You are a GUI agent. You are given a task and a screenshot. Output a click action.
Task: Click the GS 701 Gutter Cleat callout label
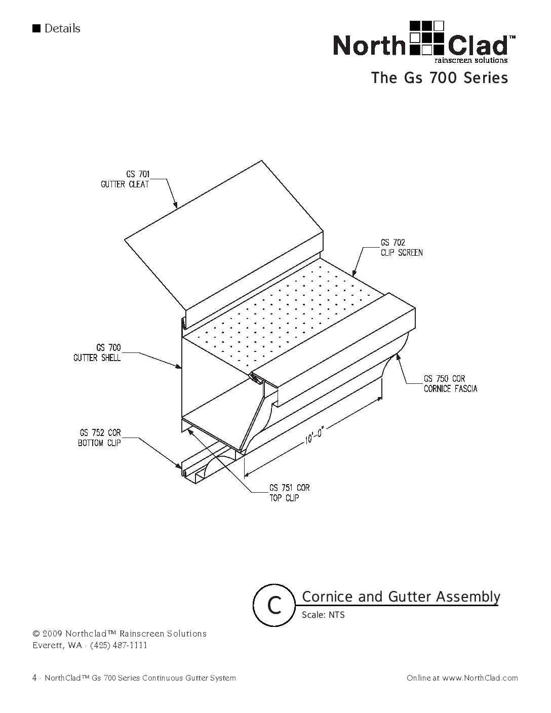(x=125, y=179)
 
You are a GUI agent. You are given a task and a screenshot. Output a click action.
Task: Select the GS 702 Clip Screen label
(x=402, y=248)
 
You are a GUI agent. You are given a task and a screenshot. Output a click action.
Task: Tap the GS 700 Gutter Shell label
(x=97, y=352)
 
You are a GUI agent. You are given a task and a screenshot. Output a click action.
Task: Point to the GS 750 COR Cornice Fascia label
(x=450, y=384)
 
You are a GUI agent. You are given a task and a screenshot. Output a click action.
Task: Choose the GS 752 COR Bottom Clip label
(x=100, y=438)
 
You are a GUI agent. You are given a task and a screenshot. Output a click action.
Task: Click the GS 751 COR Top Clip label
(x=290, y=493)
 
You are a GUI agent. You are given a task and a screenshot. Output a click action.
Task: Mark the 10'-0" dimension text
(x=314, y=435)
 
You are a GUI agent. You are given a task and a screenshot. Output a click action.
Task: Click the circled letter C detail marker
(x=274, y=605)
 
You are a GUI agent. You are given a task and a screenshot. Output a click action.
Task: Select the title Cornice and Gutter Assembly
(x=401, y=597)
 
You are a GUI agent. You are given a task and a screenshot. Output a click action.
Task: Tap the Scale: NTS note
(x=323, y=615)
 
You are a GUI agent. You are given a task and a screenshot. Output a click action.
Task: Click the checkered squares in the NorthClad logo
(x=427, y=37)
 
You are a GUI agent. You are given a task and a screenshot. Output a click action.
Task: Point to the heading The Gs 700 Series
(x=440, y=78)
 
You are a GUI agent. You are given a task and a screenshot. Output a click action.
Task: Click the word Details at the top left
(x=62, y=28)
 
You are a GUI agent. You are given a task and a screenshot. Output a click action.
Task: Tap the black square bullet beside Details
(x=36, y=28)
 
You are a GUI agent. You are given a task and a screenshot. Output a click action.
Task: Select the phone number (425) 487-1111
(x=119, y=646)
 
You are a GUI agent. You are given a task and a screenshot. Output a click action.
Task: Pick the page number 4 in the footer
(x=34, y=678)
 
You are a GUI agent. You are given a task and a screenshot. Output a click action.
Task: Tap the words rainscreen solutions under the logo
(x=471, y=60)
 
